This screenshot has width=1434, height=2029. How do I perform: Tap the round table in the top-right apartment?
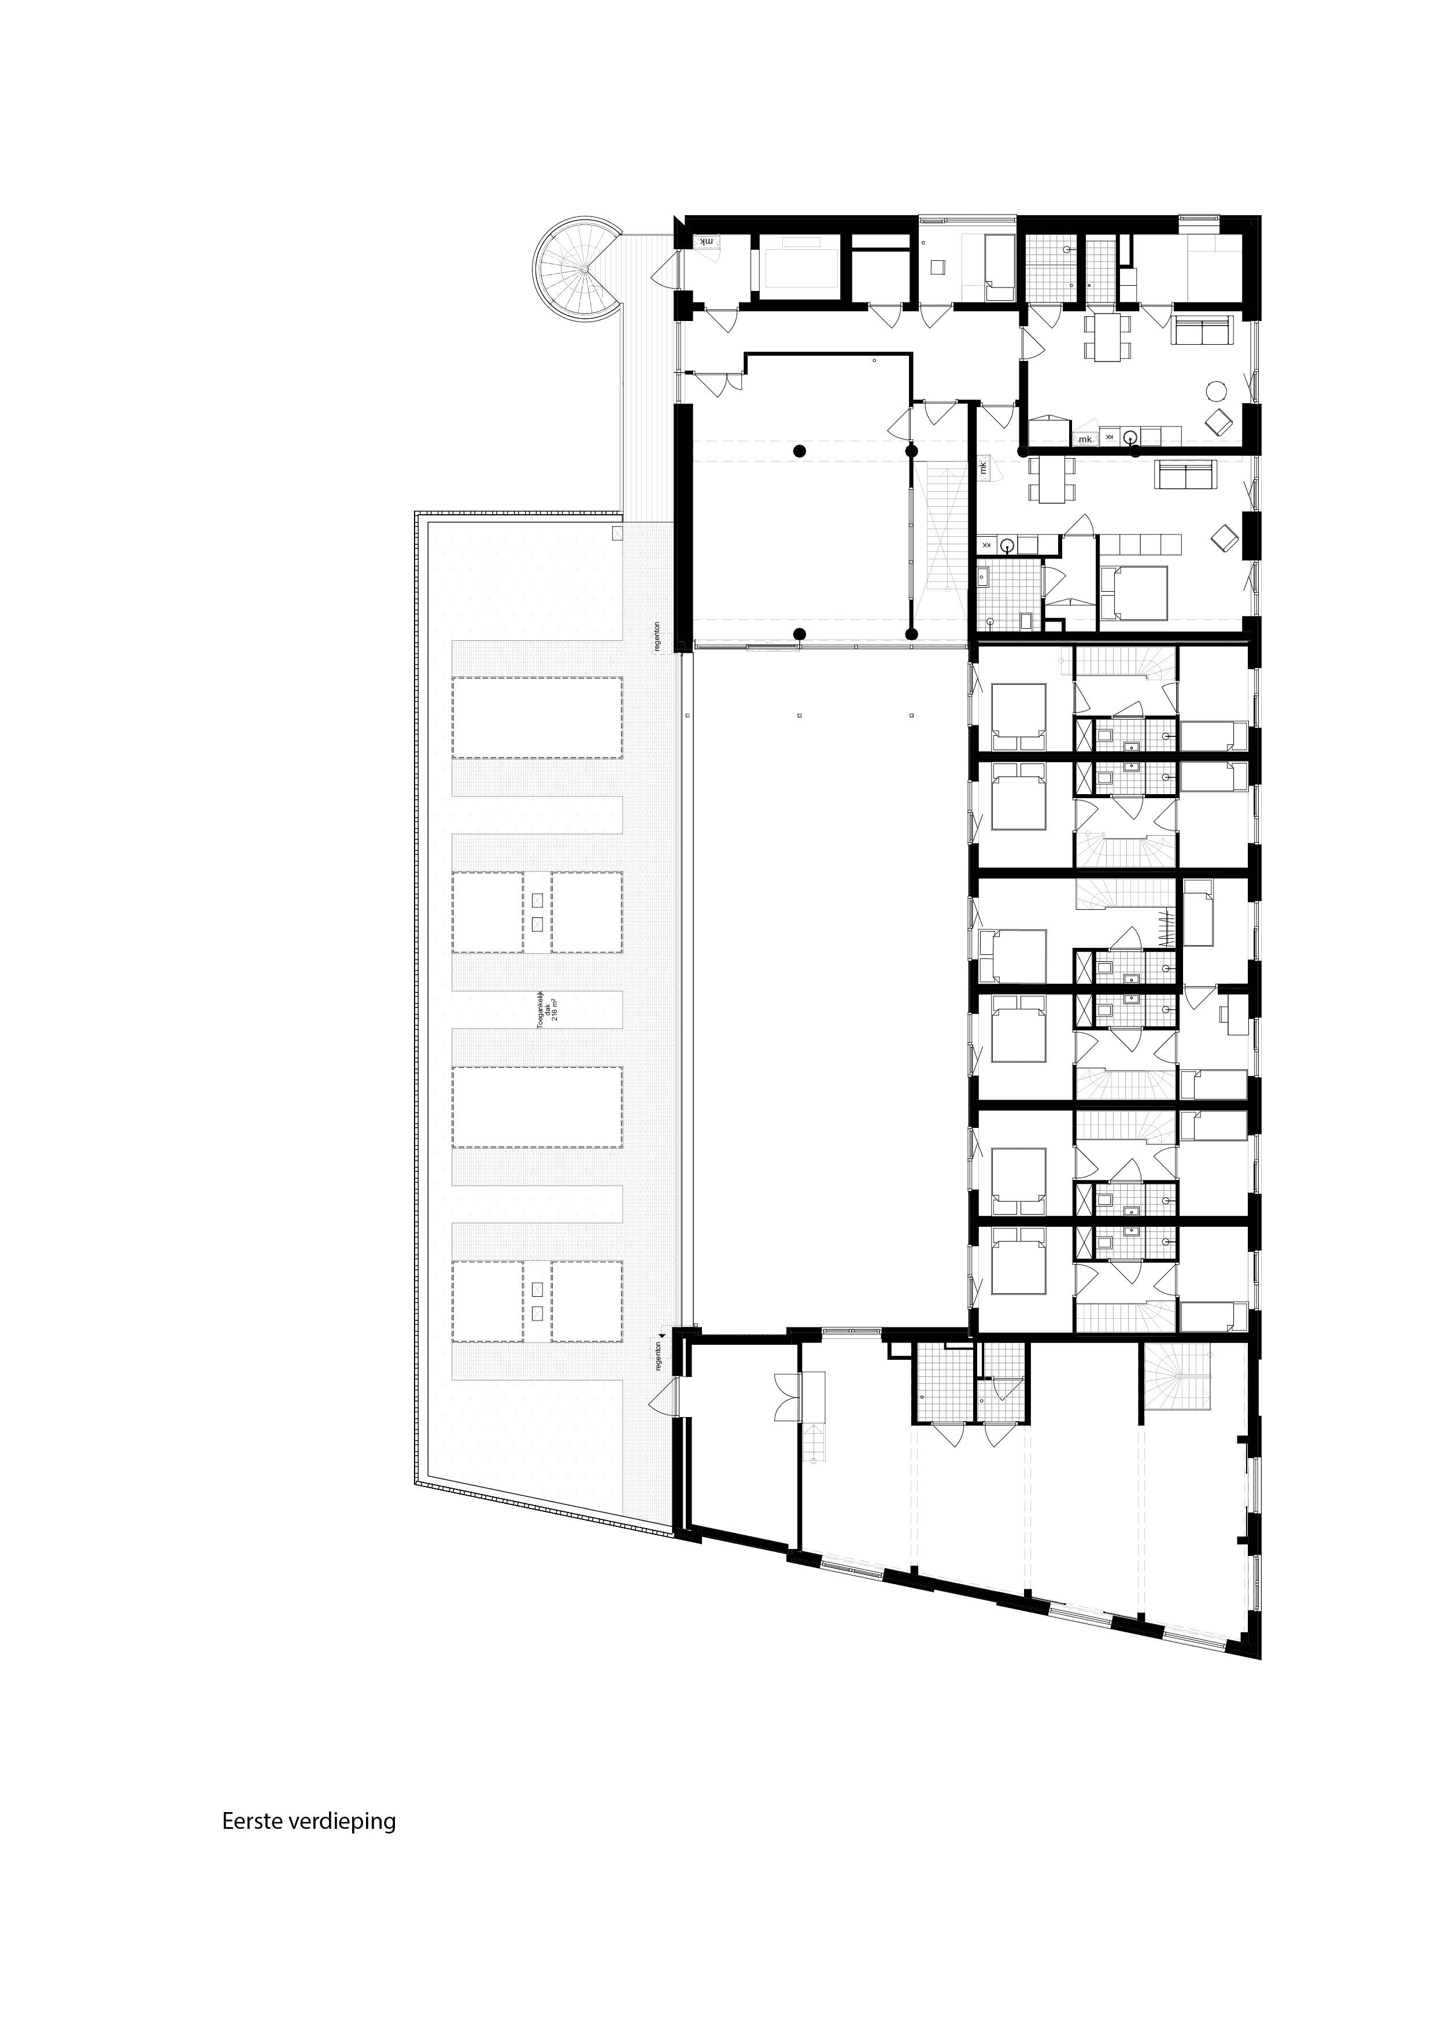point(1218,390)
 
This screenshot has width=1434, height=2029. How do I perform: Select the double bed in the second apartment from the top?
point(1133,591)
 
